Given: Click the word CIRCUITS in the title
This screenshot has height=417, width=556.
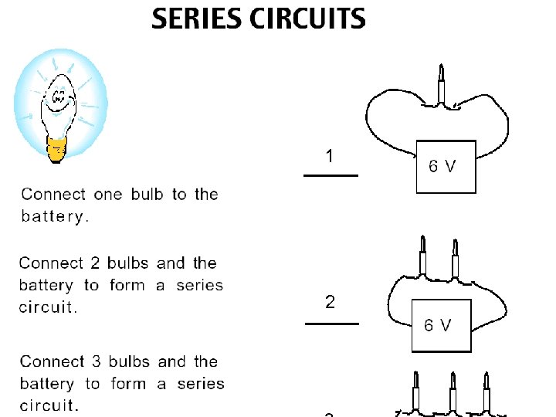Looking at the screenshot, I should tap(307, 19).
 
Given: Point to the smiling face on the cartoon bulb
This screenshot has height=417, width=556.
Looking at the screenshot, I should tap(59, 98).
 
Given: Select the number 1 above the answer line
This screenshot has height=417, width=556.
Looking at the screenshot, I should tap(330, 157).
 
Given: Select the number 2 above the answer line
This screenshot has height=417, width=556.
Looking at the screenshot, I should tap(331, 302).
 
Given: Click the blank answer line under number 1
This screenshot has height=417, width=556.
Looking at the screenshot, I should tap(331, 176).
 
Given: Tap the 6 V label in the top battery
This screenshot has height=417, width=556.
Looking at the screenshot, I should tap(442, 166).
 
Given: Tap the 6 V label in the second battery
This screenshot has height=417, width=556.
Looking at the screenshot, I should tap(437, 325).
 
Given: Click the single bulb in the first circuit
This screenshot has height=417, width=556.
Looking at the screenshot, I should tap(442, 86).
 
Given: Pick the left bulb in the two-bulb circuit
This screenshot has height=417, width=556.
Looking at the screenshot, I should tap(422, 256).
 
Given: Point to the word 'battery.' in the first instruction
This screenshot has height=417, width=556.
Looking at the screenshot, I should tap(55, 216).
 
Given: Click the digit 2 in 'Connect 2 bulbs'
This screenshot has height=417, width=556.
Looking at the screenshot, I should tap(97, 263).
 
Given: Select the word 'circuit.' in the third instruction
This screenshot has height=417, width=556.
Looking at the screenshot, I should tap(48, 405).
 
